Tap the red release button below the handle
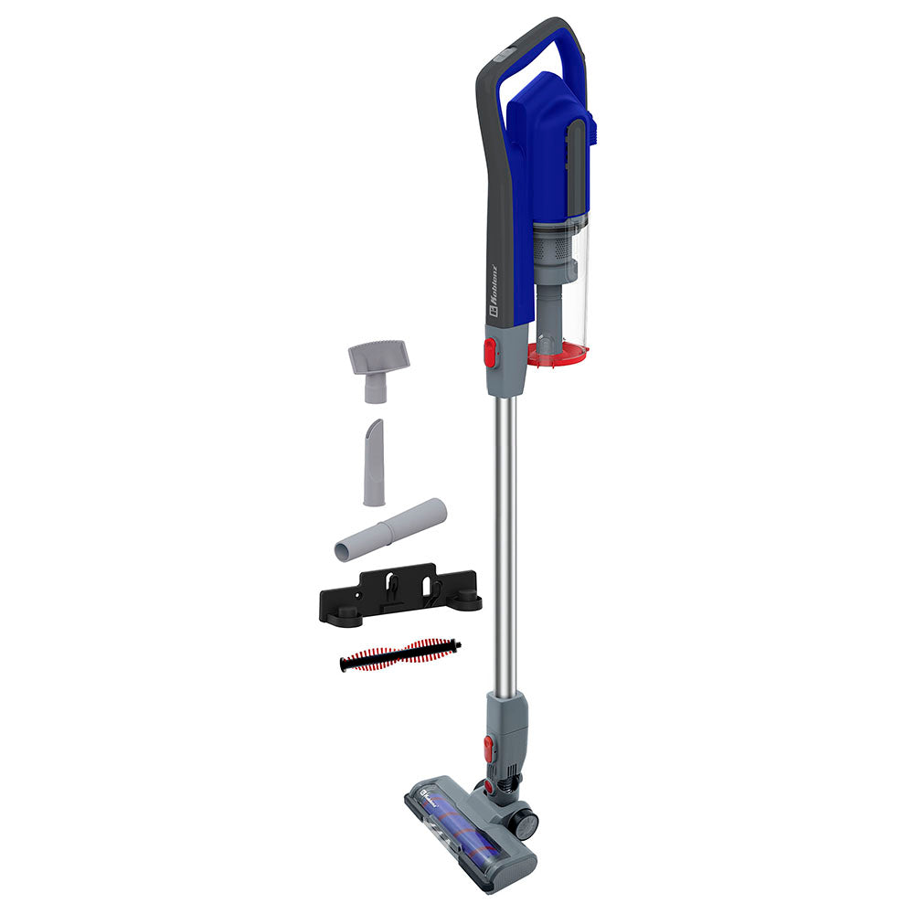click(490, 352)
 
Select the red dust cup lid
click(558, 355)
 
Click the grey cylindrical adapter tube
click(390, 529)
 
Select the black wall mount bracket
click(399, 595)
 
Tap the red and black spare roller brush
click(399, 656)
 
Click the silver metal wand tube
click(504, 548)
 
